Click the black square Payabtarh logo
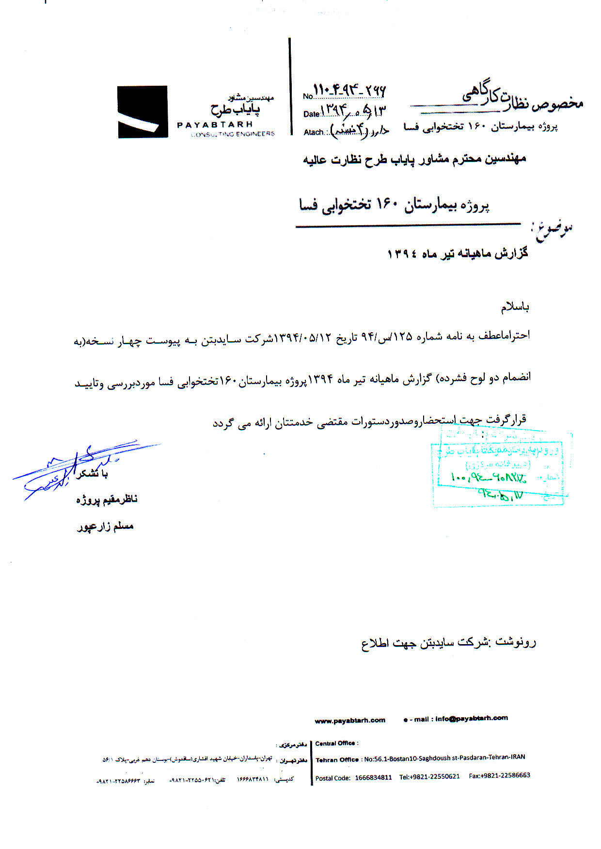(142, 112)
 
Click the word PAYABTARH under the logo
(215, 124)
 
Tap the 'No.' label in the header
(308, 96)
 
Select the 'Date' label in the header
(311, 114)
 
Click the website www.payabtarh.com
(350, 720)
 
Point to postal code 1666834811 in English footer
(373, 777)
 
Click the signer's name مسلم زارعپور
(105, 526)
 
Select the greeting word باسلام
(515, 307)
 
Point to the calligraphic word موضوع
(552, 230)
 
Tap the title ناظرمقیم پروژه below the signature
(107, 499)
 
